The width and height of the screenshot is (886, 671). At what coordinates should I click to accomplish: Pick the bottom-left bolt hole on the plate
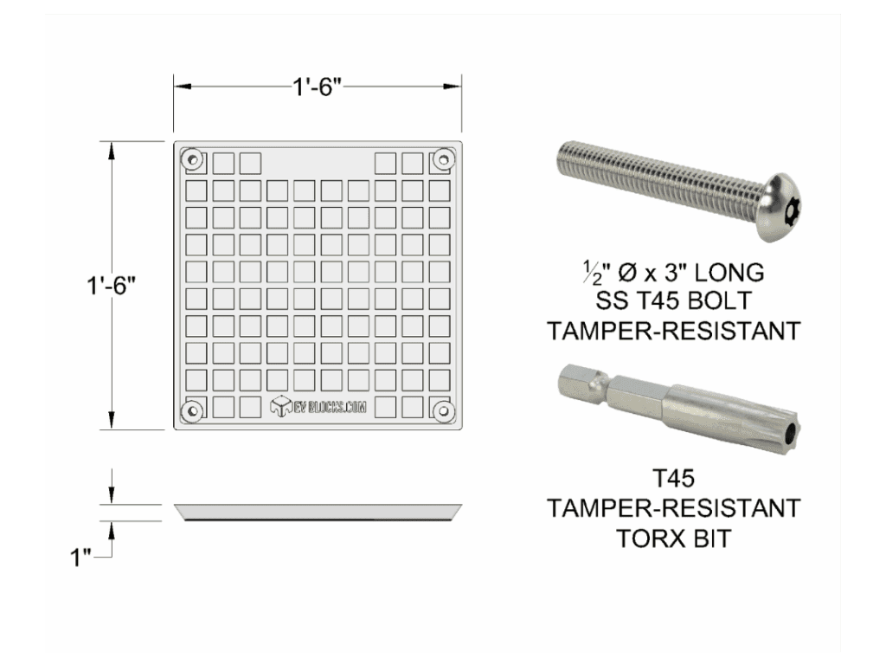pos(190,410)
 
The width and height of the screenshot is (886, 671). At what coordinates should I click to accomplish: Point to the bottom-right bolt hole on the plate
pos(444,410)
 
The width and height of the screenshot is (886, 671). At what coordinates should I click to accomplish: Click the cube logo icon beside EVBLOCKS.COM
pos(280,408)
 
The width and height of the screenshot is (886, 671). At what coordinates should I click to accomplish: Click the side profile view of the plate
pos(317,512)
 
